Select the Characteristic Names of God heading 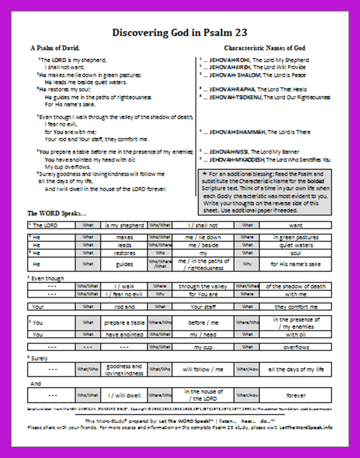click(264, 48)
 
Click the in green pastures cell click(296, 237)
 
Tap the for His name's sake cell click(296, 264)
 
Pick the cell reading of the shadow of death click(296, 286)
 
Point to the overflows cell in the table click(296, 348)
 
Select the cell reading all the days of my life click(296, 369)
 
